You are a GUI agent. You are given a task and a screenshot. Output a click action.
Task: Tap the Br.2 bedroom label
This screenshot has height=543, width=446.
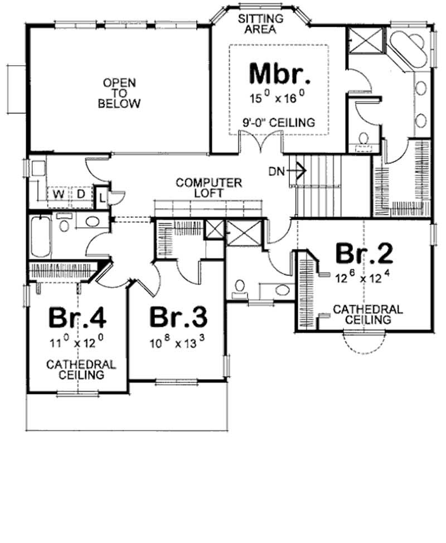tap(364, 253)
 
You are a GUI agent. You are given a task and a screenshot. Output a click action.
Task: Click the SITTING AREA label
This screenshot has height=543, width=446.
tap(261, 24)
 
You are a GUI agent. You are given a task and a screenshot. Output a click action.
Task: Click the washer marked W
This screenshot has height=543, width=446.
tap(57, 194)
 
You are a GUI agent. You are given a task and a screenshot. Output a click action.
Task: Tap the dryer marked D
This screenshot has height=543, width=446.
tap(80, 194)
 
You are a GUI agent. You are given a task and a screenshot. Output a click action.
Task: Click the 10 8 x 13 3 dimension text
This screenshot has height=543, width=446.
tap(178, 344)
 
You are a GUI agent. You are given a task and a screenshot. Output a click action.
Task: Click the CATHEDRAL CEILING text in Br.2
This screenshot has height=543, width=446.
tap(367, 314)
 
